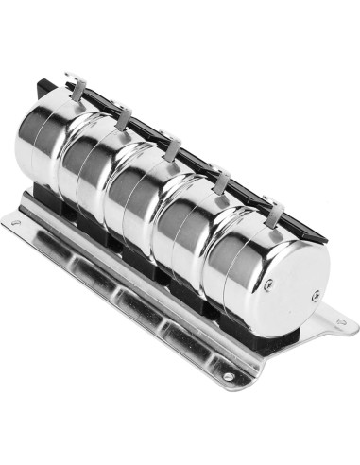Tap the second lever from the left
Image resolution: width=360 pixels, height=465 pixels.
pos(124,117)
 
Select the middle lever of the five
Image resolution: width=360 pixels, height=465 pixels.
pos(172,148)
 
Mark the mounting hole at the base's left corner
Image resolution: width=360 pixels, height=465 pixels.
pos(15,223)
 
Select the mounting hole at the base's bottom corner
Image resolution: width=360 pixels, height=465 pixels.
pos(228,379)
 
